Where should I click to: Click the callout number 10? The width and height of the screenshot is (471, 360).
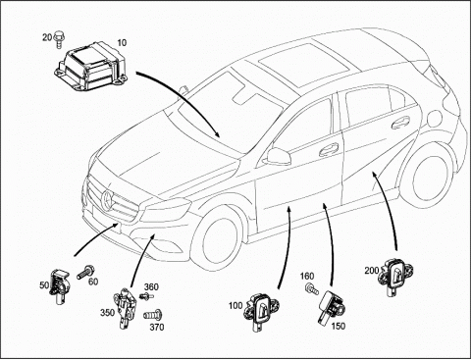[122, 43]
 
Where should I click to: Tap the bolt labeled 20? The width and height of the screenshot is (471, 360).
[59, 39]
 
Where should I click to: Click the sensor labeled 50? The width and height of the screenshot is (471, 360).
[59, 286]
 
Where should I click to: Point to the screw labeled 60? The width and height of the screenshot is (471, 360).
[85, 273]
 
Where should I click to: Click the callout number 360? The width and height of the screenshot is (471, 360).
[151, 287]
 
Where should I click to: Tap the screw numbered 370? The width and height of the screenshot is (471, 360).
[153, 315]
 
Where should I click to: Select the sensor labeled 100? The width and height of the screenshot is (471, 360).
[262, 312]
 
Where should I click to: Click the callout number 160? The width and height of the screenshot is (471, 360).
[307, 277]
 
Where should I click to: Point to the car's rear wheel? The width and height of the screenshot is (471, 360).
[428, 179]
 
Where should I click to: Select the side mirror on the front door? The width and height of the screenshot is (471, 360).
[277, 156]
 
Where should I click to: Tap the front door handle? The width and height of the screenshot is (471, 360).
[329, 149]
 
